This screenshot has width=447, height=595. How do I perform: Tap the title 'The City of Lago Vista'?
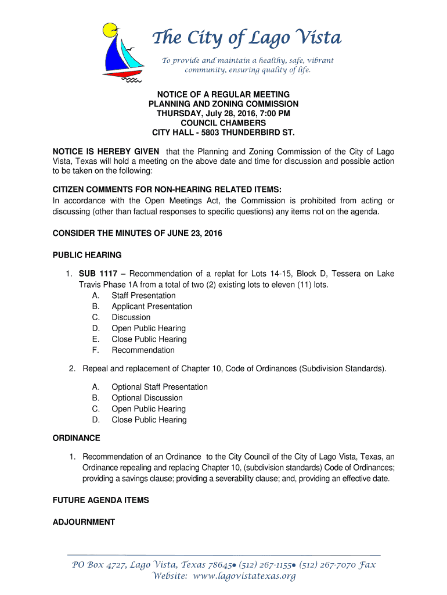coord(247,38)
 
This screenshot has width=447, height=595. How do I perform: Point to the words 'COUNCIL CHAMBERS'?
coord(223,123)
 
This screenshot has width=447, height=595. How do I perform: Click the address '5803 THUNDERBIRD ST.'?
coord(247,132)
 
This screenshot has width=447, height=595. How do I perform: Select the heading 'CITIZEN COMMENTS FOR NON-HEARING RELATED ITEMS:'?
coord(167,190)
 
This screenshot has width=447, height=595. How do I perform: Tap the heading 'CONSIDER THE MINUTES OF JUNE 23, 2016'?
coord(138,233)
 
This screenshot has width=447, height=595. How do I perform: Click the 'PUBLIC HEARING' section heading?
coord(87,255)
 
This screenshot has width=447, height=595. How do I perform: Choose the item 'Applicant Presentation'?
coord(152,306)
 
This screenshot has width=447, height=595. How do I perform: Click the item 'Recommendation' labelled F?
coord(143,350)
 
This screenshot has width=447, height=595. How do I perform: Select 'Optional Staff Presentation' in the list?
coord(159,387)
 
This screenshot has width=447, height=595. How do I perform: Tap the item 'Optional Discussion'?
coord(147,398)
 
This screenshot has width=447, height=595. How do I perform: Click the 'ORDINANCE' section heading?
coord(77,438)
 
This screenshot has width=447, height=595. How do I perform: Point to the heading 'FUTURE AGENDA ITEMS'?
coord(101,500)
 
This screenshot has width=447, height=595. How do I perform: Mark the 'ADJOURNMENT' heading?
coord(84,522)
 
